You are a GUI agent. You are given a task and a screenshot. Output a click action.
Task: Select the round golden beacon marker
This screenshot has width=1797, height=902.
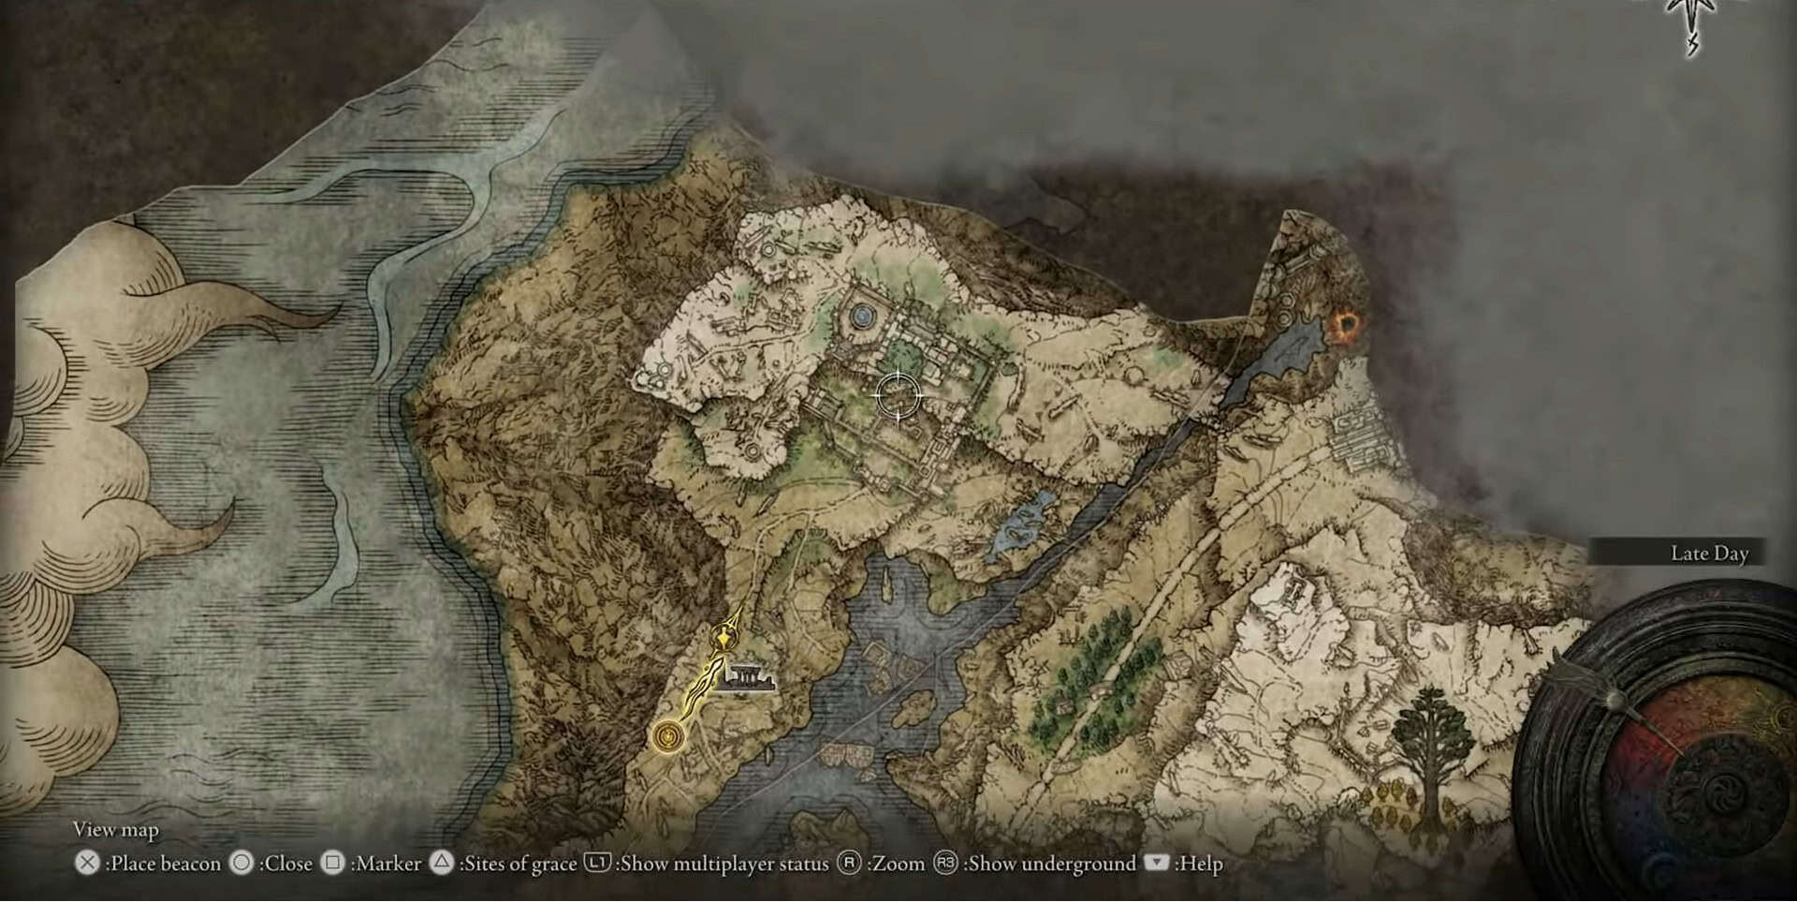[667, 736]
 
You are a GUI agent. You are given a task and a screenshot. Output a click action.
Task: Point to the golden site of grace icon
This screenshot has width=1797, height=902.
[723, 640]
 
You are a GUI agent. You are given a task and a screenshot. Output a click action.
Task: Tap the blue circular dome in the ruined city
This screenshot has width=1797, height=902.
[862, 318]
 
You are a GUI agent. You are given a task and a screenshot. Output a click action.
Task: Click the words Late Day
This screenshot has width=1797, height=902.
[1709, 554]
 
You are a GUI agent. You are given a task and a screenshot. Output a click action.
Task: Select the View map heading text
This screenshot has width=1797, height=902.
[116, 830]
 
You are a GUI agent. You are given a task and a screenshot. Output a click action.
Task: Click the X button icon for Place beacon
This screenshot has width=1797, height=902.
[87, 863]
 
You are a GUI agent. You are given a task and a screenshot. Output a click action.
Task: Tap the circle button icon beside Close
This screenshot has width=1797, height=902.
[241, 863]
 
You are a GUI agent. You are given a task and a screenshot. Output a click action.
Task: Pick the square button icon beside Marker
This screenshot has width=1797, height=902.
[332, 863]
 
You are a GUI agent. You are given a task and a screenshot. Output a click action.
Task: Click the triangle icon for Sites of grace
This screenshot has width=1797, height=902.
[441, 863]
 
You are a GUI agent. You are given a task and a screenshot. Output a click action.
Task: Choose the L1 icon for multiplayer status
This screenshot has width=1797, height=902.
[597, 863]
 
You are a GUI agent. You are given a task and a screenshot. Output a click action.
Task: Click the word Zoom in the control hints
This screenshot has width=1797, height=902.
[899, 864]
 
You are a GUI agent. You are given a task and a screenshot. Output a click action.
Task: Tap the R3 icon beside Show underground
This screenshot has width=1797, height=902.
[945, 863]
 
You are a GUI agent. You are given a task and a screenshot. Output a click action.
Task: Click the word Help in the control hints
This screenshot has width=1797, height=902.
[1201, 864]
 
